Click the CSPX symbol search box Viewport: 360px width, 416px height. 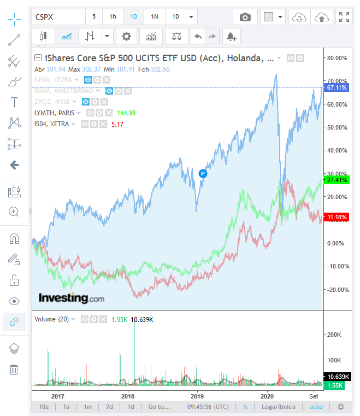point(57,17)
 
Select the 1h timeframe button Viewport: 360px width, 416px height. point(113,17)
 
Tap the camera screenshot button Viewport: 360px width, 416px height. point(245,17)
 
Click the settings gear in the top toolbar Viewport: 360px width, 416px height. point(127,37)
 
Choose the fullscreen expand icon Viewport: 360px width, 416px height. point(344,17)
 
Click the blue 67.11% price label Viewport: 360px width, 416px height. point(337,87)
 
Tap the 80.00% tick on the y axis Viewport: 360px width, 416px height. point(337,58)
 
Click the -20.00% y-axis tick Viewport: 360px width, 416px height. point(337,290)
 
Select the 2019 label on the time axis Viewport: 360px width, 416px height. point(197,396)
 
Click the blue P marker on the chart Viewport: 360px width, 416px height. point(203,173)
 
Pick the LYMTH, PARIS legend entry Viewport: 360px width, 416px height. point(55,113)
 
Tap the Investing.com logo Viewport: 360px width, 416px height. point(71,298)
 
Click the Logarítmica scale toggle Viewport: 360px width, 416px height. point(279,407)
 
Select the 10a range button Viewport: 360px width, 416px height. point(44,407)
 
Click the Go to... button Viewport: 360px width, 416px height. point(160,407)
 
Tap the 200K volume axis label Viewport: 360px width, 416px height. point(334,335)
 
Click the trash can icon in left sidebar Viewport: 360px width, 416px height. point(14,370)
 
